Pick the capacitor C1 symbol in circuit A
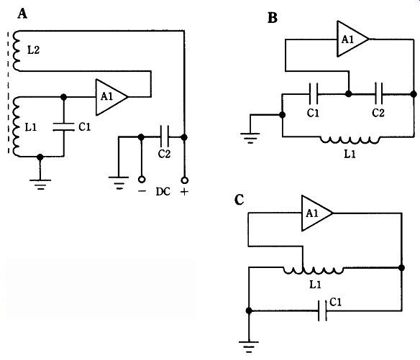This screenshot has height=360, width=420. pyautogui.click(x=63, y=126)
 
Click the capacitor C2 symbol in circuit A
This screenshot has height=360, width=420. pyautogui.click(x=164, y=137)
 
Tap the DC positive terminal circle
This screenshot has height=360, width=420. pyautogui.click(x=184, y=180)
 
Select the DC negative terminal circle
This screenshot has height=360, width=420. pyautogui.click(x=142, y=180)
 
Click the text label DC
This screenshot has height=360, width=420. pyautogui.click(x=163, y=192)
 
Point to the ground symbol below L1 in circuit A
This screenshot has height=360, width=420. pyautogui.click(x=40, y=185)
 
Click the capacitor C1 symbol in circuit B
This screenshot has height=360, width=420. pyautogui.click(x=314, y=94)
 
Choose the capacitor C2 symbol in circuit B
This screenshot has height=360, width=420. pyautogui.click(x=378, y=93)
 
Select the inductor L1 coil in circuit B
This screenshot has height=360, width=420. pyautogui.click(x=350, y=140)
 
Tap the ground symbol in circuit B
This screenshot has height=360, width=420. pyautogui.click(x=250, y=138)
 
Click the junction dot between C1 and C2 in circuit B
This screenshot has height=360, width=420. pyautogui.click(x=348, y=93)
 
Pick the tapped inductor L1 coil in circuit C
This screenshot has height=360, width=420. pyautogui.click(x=313, y=270)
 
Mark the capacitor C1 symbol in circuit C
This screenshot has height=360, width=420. pyautogui.click(x=322, y=310)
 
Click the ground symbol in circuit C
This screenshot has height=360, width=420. pyautogui.click(x=249, y=347)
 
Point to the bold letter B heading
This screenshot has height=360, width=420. pyautogui.click(x=272, y=18)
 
